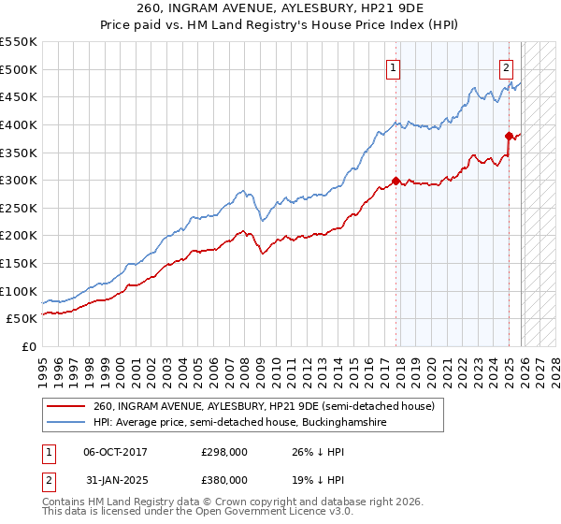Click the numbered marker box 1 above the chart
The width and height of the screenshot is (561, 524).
tap(393, 66)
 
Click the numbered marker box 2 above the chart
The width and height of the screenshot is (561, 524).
tap(506, 66)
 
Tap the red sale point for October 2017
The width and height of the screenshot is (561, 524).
tap(396, 181)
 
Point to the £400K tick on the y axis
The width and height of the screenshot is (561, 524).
tap(21, 124)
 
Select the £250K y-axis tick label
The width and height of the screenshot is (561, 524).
tap(21, 208)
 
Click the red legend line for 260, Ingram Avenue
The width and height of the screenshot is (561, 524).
tap(66, 407)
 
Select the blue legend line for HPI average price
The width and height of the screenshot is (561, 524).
tap(66, 424)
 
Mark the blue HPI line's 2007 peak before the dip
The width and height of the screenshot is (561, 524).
tap(242, 191)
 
